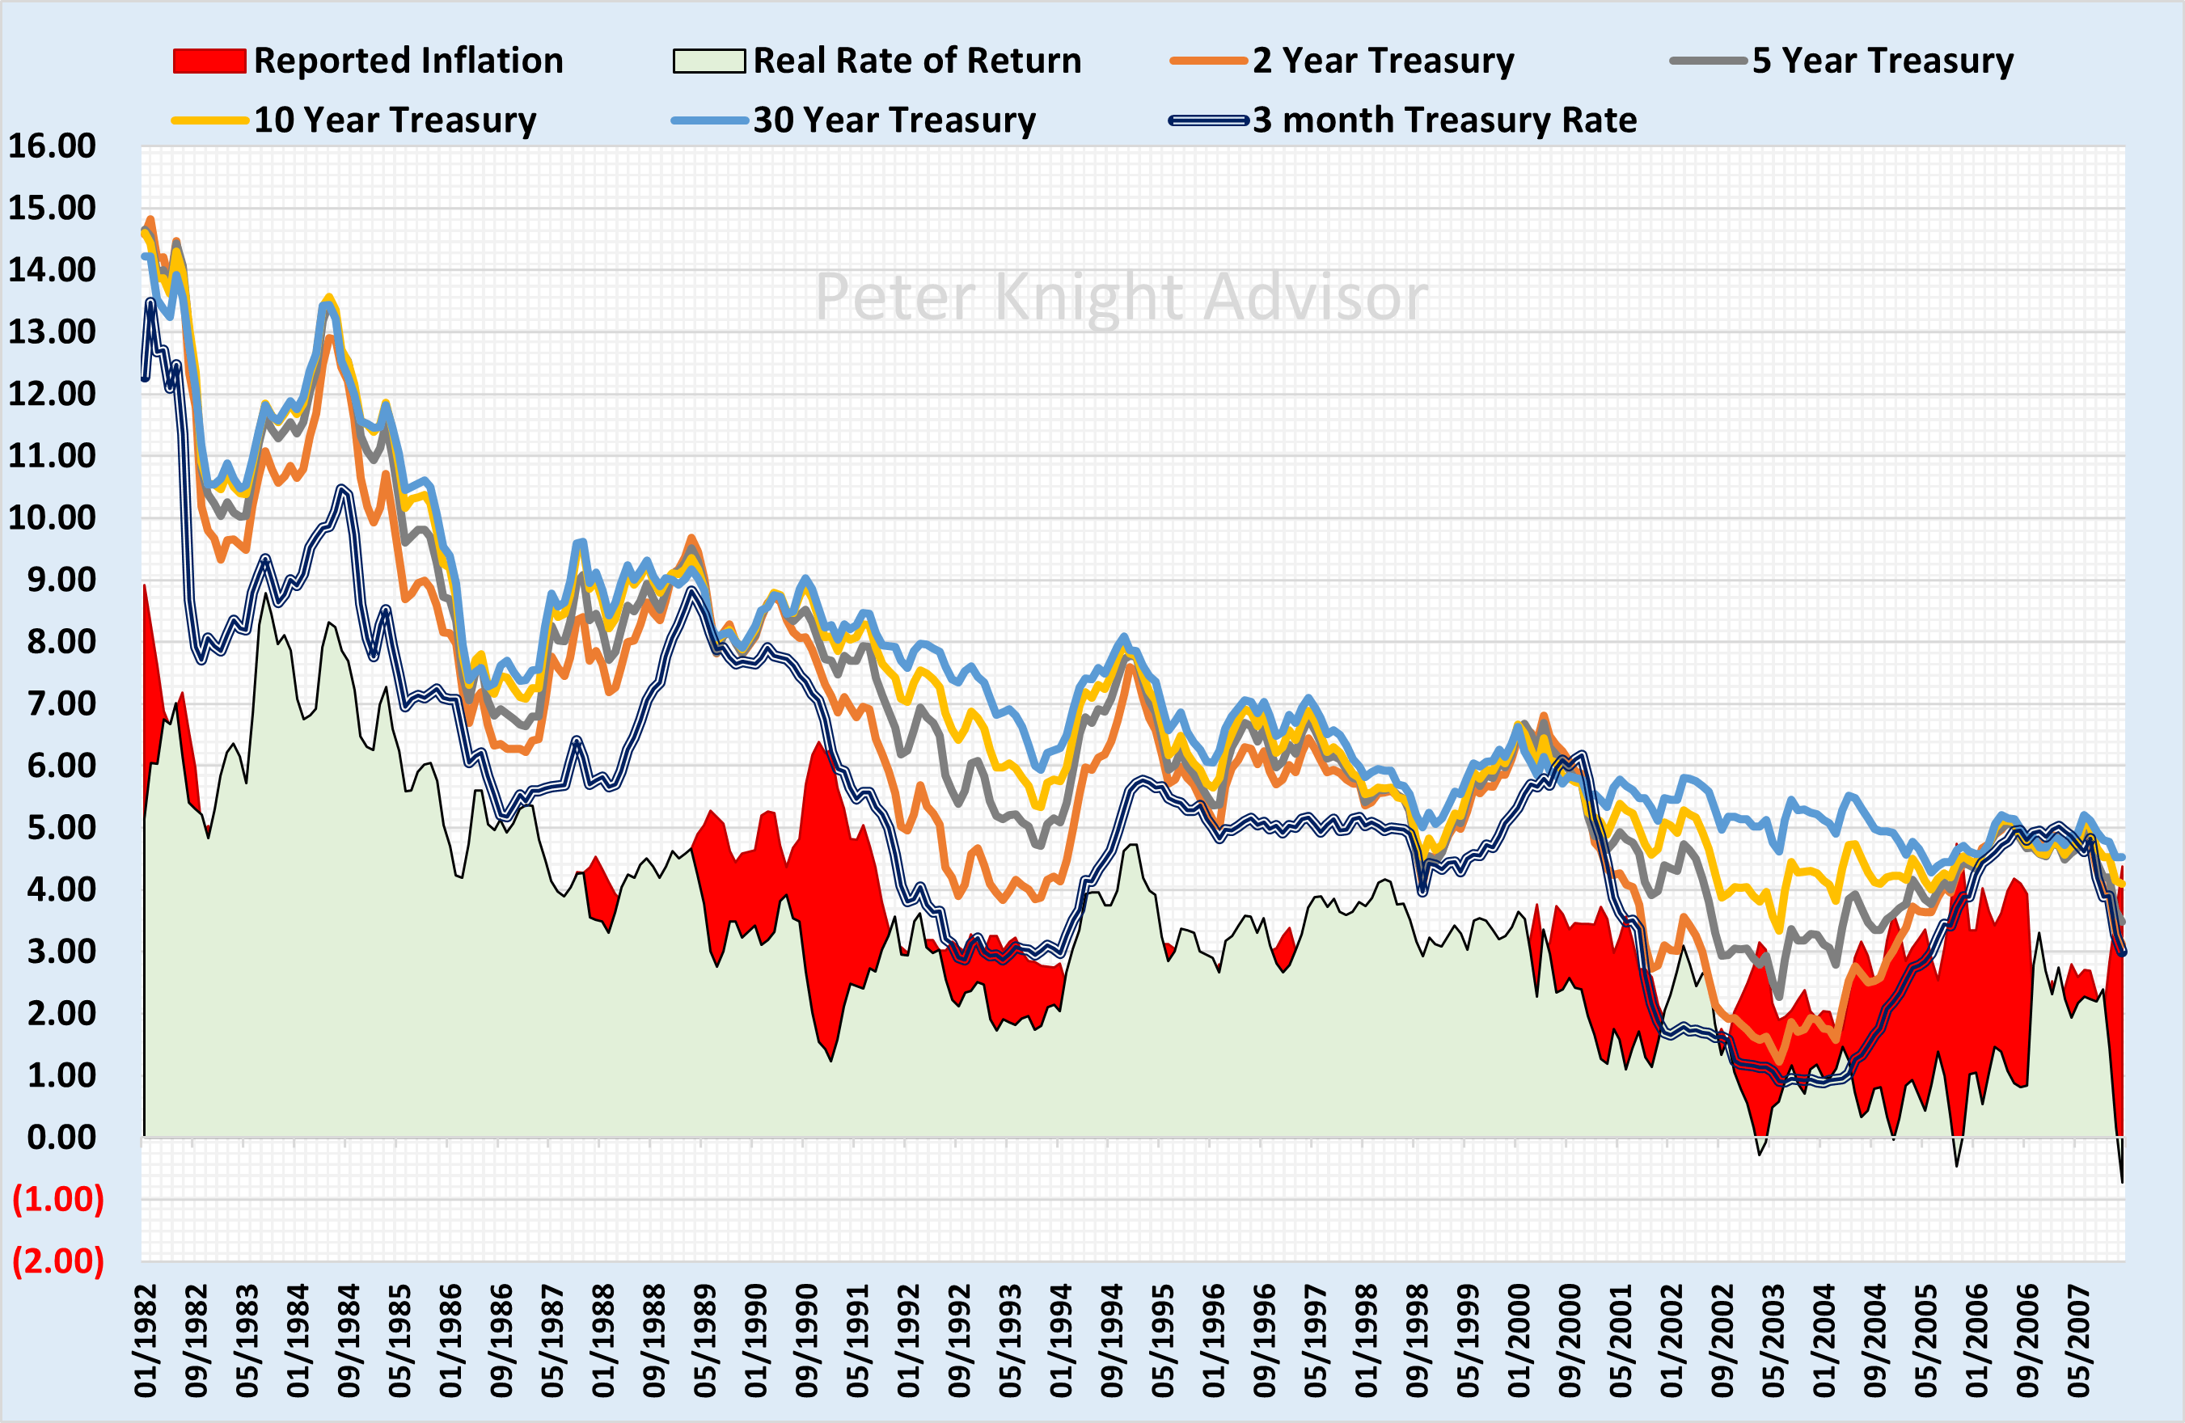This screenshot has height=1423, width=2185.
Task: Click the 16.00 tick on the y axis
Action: (53, 146)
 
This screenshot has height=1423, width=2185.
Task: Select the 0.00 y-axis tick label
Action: (61, 1138)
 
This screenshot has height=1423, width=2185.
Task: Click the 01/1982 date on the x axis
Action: (147, 1341)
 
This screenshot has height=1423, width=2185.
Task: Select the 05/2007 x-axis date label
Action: (2079, 1341)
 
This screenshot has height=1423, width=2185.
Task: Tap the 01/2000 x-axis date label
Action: (1519, 1341)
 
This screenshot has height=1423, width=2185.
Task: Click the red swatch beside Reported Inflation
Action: (209, 61)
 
